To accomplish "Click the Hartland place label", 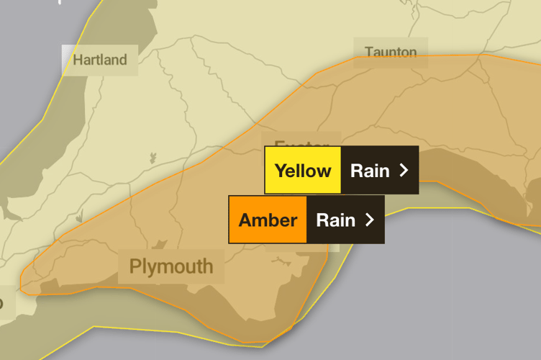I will [x=99, y=60].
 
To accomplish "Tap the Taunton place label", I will [x=391, y=53].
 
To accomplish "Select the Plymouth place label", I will [x=171, y=266].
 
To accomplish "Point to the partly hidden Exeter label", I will [x=296, y=142].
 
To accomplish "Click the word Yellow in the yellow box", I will [x=303, y=171].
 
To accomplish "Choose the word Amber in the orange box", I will [x=268, y=220].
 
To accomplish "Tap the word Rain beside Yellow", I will [x=369, y=171].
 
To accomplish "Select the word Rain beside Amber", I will [x=335, y=220].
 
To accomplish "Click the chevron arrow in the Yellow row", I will [x=404, y=171].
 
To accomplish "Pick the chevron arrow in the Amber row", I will [x=370, y=220].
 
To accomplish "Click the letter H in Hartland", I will [x=78, y=60].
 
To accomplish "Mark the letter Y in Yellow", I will [x=281, y=171].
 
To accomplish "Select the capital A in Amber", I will [x=245, y=220].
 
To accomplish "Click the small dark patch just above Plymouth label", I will [x=160, y=245].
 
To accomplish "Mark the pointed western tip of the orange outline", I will [x=21, y=284].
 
